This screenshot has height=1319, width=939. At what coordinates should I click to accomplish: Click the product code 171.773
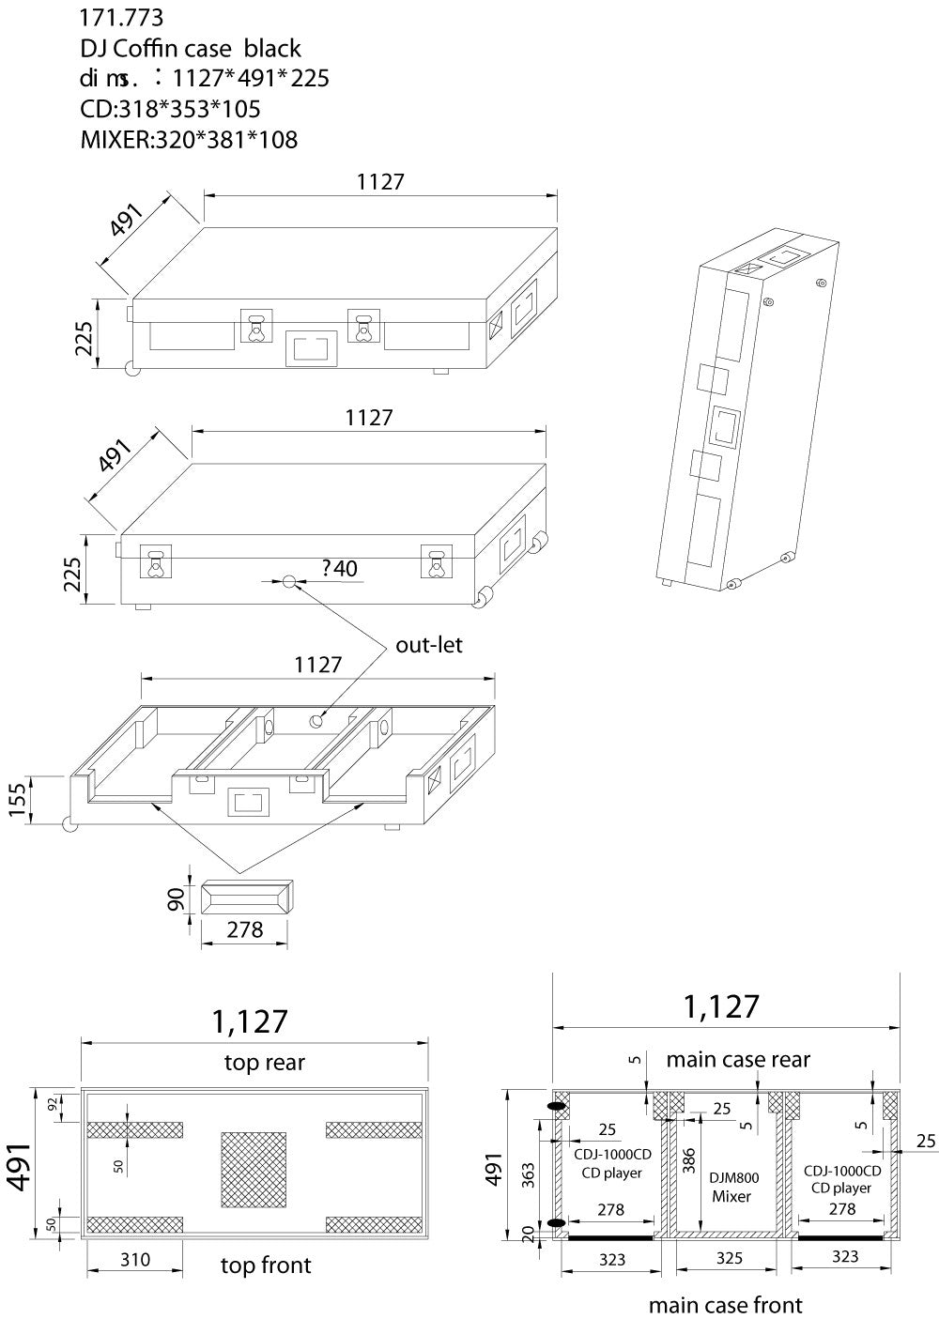[122, 17]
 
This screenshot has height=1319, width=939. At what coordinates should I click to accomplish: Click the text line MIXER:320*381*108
[189, 140]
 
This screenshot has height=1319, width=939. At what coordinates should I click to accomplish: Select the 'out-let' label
[428, 645]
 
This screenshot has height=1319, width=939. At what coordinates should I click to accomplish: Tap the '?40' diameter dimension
[338, 568]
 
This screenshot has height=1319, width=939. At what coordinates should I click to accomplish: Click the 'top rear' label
[265, 1062]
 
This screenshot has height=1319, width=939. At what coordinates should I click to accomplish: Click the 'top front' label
[265, 1265]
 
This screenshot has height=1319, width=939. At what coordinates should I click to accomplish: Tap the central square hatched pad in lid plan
[254, 1169]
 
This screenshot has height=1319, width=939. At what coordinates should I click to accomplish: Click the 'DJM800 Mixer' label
[734, 1188]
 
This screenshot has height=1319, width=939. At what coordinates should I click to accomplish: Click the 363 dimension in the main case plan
[530, 1172]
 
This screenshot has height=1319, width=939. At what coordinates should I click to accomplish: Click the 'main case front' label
[726, 1304]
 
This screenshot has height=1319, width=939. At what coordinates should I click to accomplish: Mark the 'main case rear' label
[738, 1059]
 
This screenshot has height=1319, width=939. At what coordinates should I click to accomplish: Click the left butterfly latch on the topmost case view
[255, 328]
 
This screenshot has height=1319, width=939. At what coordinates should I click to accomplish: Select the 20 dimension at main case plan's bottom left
[530, 1232]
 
